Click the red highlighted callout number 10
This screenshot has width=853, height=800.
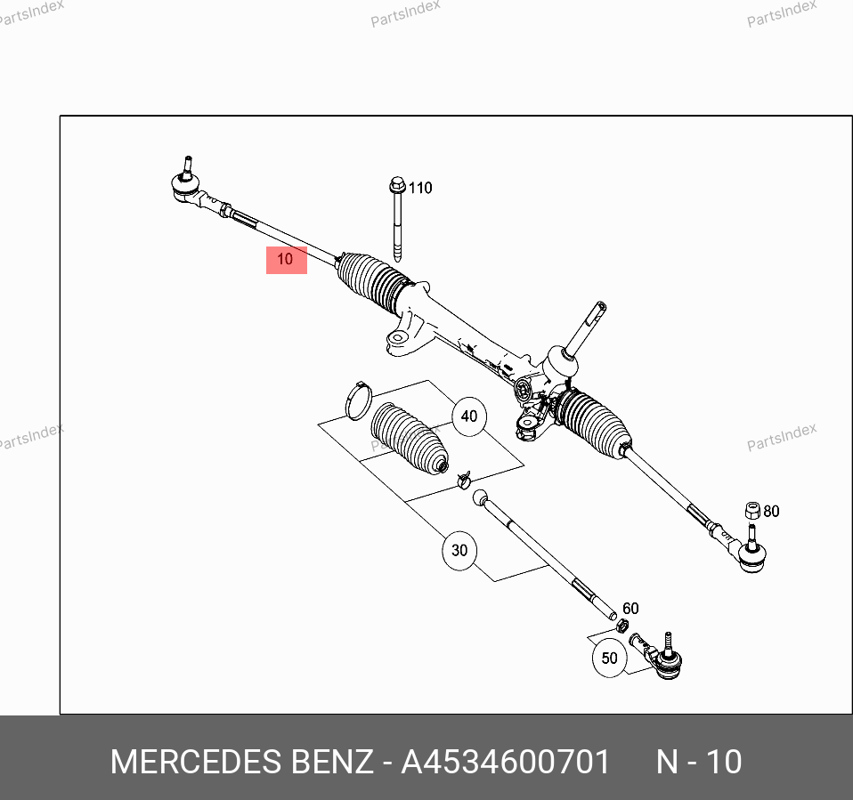coord(286,260)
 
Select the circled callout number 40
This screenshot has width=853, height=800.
coord(469,416)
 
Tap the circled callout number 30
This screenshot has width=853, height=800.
coord(459,550)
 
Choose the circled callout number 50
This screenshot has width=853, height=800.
coord(609,658)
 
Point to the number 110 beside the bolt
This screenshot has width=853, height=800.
coord(420,188)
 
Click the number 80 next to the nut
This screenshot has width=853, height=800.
coord(771,511)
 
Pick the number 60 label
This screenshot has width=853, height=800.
coord(630,608)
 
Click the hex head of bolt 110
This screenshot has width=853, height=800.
coord(398,184)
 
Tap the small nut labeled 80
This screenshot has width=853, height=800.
coord(752,511)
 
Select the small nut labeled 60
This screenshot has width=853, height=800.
coord(623,626)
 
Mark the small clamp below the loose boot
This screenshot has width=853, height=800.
coord(464,480)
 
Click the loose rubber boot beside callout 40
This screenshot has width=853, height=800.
coord(409,439)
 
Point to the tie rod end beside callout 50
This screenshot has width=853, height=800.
coord(658,655)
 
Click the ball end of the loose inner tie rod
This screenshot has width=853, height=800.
coord(480,497)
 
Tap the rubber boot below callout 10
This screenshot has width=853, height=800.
coord(371,282)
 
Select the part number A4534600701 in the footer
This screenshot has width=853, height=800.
coord(506,762)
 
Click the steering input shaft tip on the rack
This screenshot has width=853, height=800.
coord(600,306)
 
